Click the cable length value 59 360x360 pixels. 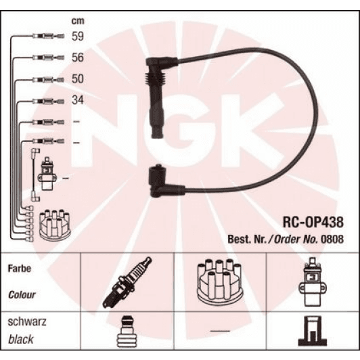[77, 37]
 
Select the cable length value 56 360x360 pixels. [77, 58]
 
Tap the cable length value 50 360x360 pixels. [77, 79]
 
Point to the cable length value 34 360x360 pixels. [77, 100]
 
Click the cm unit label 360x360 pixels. [77, 20]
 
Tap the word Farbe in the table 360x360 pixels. [19, 269]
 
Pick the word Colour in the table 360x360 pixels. [22, 295]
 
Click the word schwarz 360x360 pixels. [24, 322]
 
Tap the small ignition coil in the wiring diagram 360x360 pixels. [47, 175]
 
